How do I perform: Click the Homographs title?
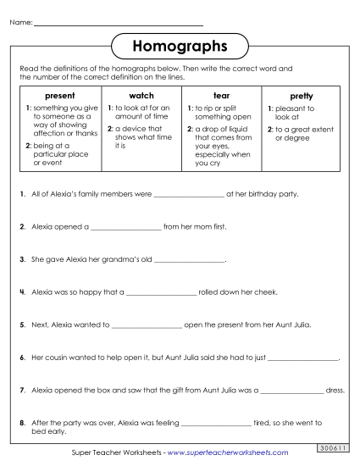click(x=180, y=44)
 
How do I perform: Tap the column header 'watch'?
click(x=141, y=97)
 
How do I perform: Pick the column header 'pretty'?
click(x=301, y=97)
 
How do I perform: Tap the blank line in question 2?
click(x=125, y=228)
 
